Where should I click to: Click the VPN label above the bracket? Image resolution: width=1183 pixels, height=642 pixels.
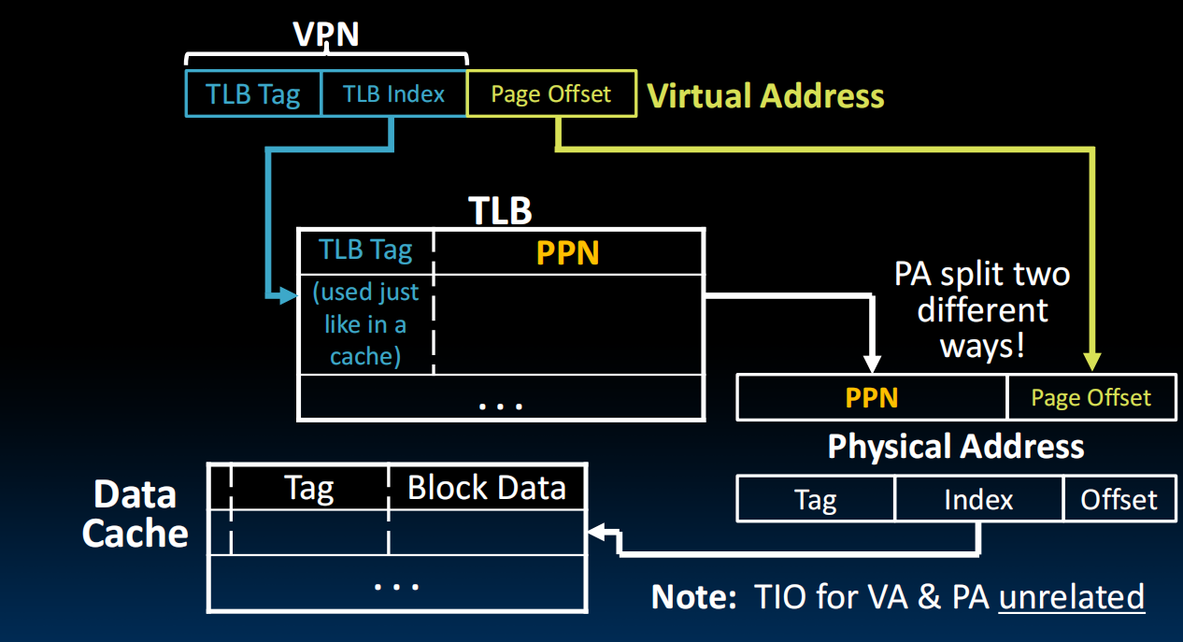[326, 34]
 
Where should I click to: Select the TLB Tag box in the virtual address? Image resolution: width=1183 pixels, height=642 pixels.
[253, 94]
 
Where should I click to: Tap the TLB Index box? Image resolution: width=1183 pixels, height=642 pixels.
[393, 94]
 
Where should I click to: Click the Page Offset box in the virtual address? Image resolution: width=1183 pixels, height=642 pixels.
[551, 94]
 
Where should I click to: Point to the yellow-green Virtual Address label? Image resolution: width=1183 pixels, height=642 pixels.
[765, 96]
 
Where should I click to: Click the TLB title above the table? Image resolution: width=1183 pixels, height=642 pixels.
[500, 211]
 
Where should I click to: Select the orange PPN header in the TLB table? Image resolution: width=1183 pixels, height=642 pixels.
[567, 253]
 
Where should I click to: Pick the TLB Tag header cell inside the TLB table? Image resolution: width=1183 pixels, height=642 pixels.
[365, 251]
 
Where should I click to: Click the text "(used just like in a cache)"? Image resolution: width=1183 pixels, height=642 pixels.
[365, 324]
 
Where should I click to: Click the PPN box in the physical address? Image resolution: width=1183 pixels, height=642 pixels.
[872, 398]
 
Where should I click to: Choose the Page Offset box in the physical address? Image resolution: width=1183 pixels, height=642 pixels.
[1090, 398]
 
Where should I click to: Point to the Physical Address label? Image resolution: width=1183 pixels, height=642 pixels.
[956, 447]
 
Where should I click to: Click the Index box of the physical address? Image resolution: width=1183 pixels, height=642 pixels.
[978, 500]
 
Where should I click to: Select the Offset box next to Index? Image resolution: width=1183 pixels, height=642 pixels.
[1119, 500]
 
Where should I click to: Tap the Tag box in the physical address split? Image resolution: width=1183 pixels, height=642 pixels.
[815, 500]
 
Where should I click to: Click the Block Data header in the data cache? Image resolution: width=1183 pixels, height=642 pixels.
[487, 488]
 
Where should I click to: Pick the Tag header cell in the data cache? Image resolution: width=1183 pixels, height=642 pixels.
[308, 488]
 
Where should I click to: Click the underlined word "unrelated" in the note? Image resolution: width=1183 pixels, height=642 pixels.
[1071, 596]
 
